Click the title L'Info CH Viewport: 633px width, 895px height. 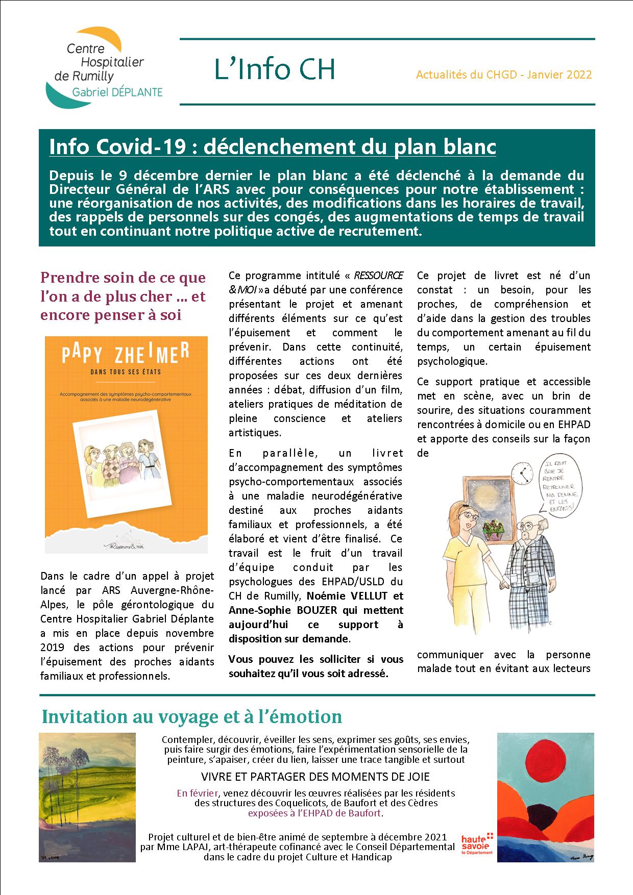click(x=274, y=69)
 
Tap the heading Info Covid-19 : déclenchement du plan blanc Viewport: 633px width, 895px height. click(x=273, y=147)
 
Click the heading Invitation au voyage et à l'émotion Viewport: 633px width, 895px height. click(x=191, y=716)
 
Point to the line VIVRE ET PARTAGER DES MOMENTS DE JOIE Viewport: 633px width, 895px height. click(x=315, y=777)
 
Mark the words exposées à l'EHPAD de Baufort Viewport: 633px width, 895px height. click(x=315, y=813)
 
